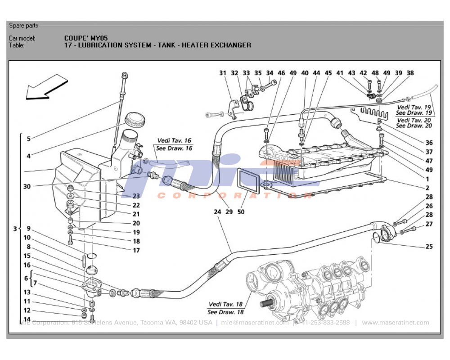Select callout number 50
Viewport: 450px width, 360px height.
tap(241, 212)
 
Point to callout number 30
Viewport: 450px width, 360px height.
tap(27, 186)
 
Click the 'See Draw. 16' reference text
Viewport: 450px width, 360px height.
tap(174, 148)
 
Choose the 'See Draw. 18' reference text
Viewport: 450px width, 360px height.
tap(225, 312)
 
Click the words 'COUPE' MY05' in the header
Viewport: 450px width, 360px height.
tap(86, 38)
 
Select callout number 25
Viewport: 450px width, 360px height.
tap(429, 247)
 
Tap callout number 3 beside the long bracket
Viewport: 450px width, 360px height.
tap(15, 229)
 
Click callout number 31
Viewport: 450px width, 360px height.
tap(223, 73)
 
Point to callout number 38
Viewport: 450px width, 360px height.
tap(410, 73)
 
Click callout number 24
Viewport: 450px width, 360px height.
tap(217, 212)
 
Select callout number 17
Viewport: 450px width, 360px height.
tap(136, 250)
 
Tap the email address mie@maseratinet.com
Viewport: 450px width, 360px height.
tap(254, 323)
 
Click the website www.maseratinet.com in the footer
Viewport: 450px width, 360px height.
tap(395, 323)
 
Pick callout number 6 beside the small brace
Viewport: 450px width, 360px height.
tap(27, 279)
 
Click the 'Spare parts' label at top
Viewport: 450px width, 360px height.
tap(23, 26)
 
